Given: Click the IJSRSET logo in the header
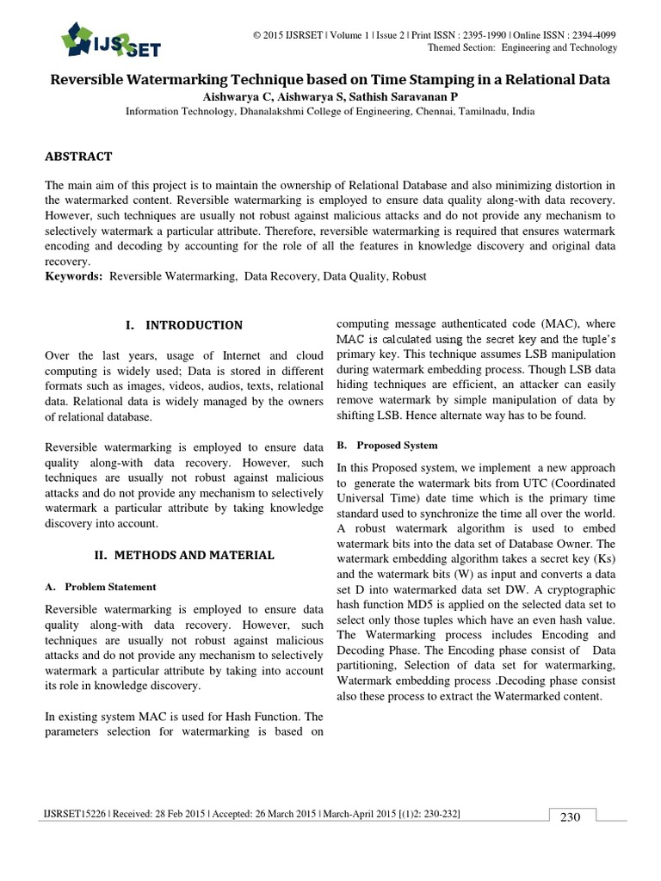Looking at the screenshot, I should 110,39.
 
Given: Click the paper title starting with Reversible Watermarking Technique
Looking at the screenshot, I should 330,79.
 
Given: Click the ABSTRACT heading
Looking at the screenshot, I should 78,156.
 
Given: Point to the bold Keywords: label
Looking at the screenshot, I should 73,276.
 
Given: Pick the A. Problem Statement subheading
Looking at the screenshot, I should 101,587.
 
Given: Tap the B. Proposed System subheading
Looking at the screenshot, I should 386,445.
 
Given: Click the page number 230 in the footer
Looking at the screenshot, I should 570,817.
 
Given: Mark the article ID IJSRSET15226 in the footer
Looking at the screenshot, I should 70,813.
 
